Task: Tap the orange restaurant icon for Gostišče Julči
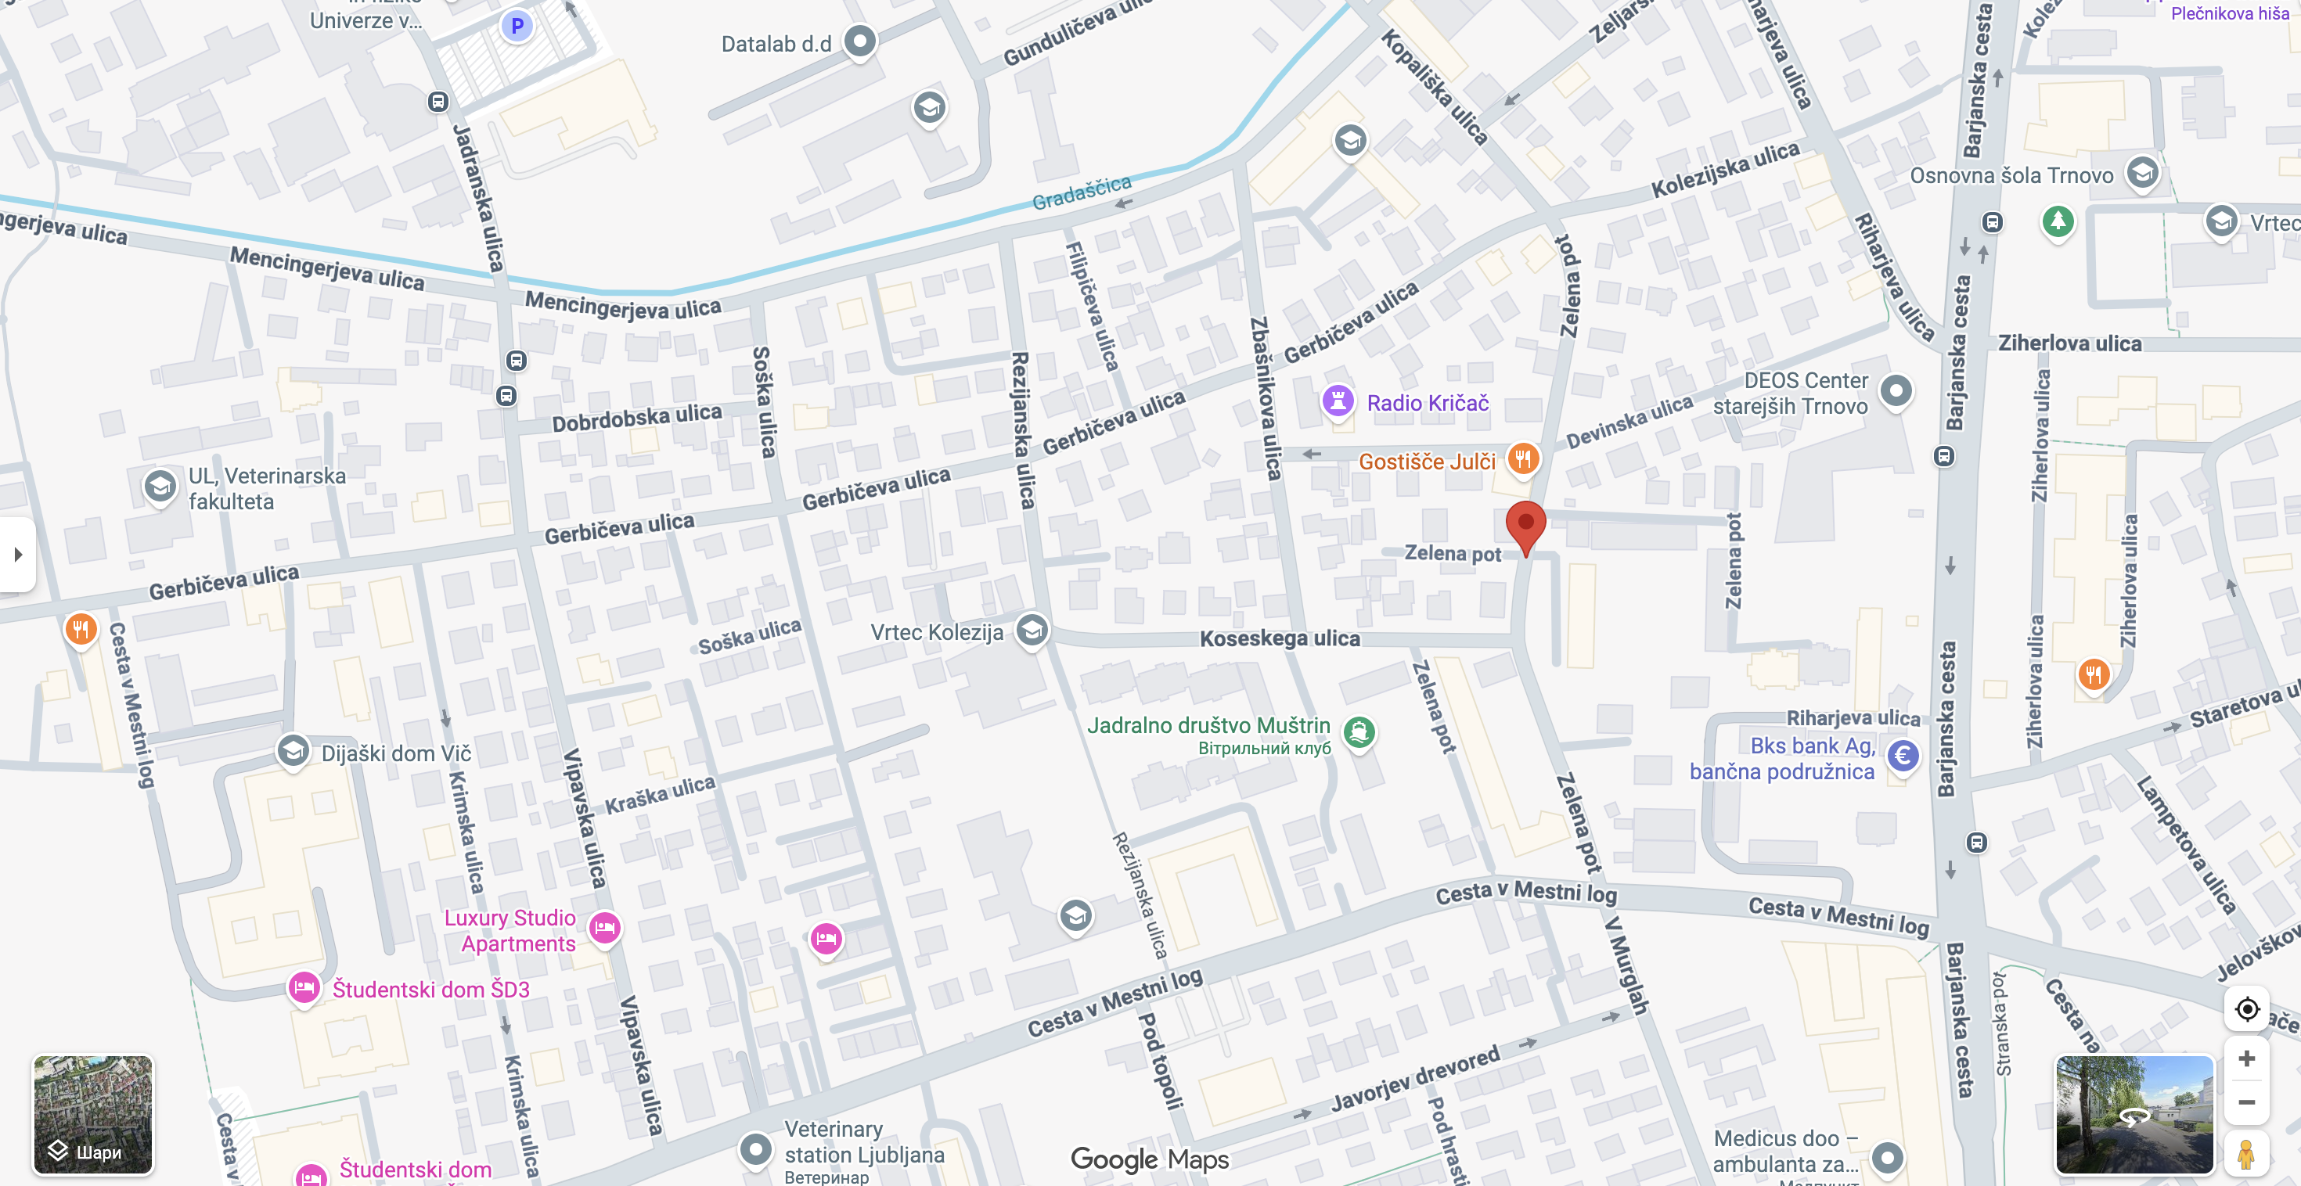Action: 1523,459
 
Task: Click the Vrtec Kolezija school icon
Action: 1032,630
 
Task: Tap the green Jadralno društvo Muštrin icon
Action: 1359,732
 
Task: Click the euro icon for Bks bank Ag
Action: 1903,757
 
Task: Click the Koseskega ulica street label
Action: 1279,638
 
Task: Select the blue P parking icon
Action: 517,26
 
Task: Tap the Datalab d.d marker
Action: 859,41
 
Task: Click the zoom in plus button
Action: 2246,1058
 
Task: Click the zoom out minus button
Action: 2246,1102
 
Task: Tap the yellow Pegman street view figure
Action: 2245,1152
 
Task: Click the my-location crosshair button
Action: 2246,1009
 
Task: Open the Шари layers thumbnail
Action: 93,1115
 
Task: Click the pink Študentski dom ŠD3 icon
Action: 304,988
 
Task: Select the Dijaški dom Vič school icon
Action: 293,751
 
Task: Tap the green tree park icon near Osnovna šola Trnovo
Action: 2057,220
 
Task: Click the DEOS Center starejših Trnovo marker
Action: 1896,390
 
